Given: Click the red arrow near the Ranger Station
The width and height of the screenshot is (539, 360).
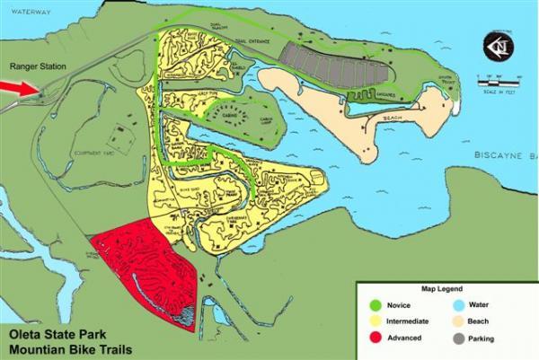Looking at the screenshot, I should pyautogui.click(x=19, y=87).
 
